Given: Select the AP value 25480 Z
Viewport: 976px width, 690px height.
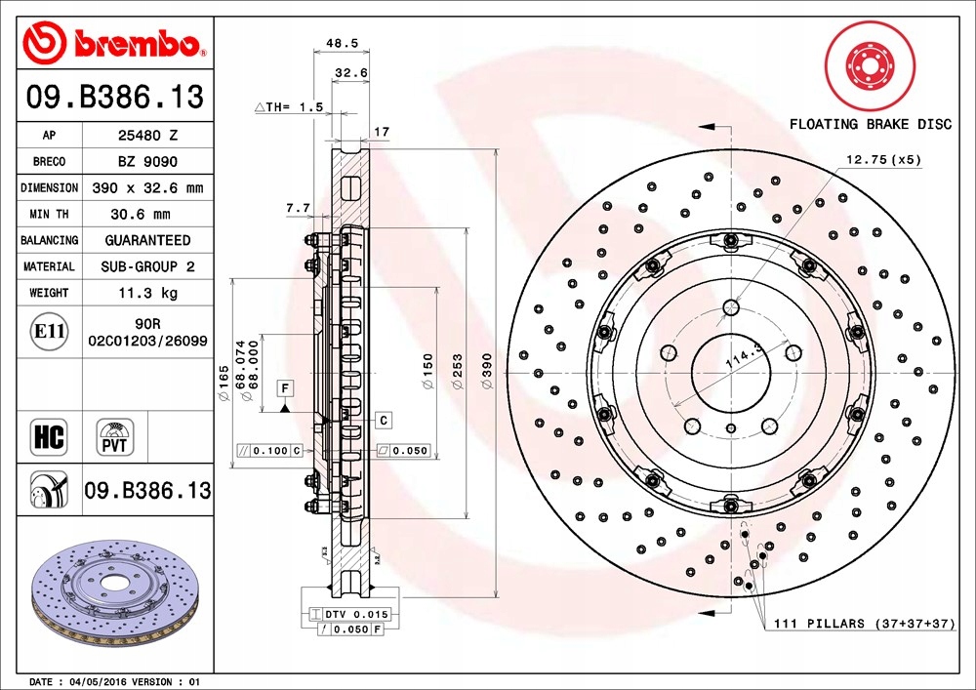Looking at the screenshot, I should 147,136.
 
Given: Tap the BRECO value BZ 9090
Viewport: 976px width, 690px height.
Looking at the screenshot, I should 147,162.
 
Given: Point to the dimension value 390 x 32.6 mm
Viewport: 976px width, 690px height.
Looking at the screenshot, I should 147,187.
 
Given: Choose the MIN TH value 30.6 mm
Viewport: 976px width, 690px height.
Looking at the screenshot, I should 147,214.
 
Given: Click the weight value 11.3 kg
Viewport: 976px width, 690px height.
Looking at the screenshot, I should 147,292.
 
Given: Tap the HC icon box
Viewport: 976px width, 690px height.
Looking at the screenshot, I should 49,437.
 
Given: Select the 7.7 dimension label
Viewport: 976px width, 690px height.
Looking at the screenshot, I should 297,207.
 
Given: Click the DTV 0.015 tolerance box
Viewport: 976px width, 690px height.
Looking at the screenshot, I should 349,614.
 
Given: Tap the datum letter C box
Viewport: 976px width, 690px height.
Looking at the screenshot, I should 384,420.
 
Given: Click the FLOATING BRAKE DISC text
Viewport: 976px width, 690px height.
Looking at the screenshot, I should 870,124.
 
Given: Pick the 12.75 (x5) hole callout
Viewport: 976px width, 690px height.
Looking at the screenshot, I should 883,158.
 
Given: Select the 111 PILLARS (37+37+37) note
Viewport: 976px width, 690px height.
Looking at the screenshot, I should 864,623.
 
